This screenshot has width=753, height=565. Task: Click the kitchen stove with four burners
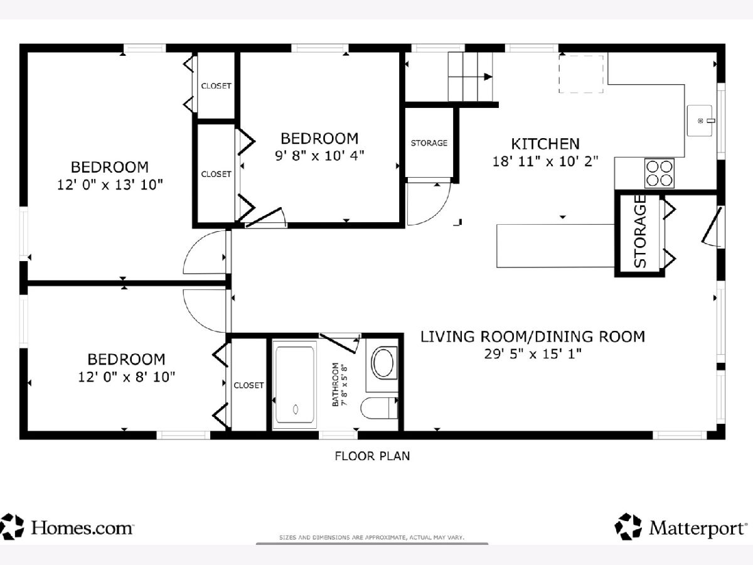click(x=659, y=173)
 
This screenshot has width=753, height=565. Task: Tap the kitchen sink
click(x=700, y=121)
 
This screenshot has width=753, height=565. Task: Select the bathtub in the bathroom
click(x=294, y=384)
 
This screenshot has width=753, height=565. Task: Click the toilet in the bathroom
click(x=379, y=408)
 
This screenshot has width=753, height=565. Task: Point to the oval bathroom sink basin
click(x=383, y=363)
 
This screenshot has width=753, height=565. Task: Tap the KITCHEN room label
click(x=545, y=144)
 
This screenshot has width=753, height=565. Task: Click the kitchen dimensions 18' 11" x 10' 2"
click(x=545, y=161)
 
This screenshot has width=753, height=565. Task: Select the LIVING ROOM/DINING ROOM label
click(x=532, y=336)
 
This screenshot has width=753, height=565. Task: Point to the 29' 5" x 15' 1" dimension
click(x=532, y=353)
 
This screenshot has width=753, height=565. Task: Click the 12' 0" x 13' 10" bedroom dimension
click(x=110, y=185)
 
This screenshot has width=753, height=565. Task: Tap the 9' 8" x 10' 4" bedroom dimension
click(x=319, y=156)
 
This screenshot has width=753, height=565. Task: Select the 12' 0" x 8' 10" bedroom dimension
click(x=127, y=377)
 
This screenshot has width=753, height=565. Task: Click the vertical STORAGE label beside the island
click(x=640, y=232)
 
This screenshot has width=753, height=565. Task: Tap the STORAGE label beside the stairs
click(x=429, y=143)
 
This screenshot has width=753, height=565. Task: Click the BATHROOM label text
click(x=336, y=385)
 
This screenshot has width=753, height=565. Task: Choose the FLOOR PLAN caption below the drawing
click(x=372, y=456)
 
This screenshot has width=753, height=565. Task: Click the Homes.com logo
click(x=67, y=528)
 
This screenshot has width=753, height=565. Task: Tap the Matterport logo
click(x=681, y=527)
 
